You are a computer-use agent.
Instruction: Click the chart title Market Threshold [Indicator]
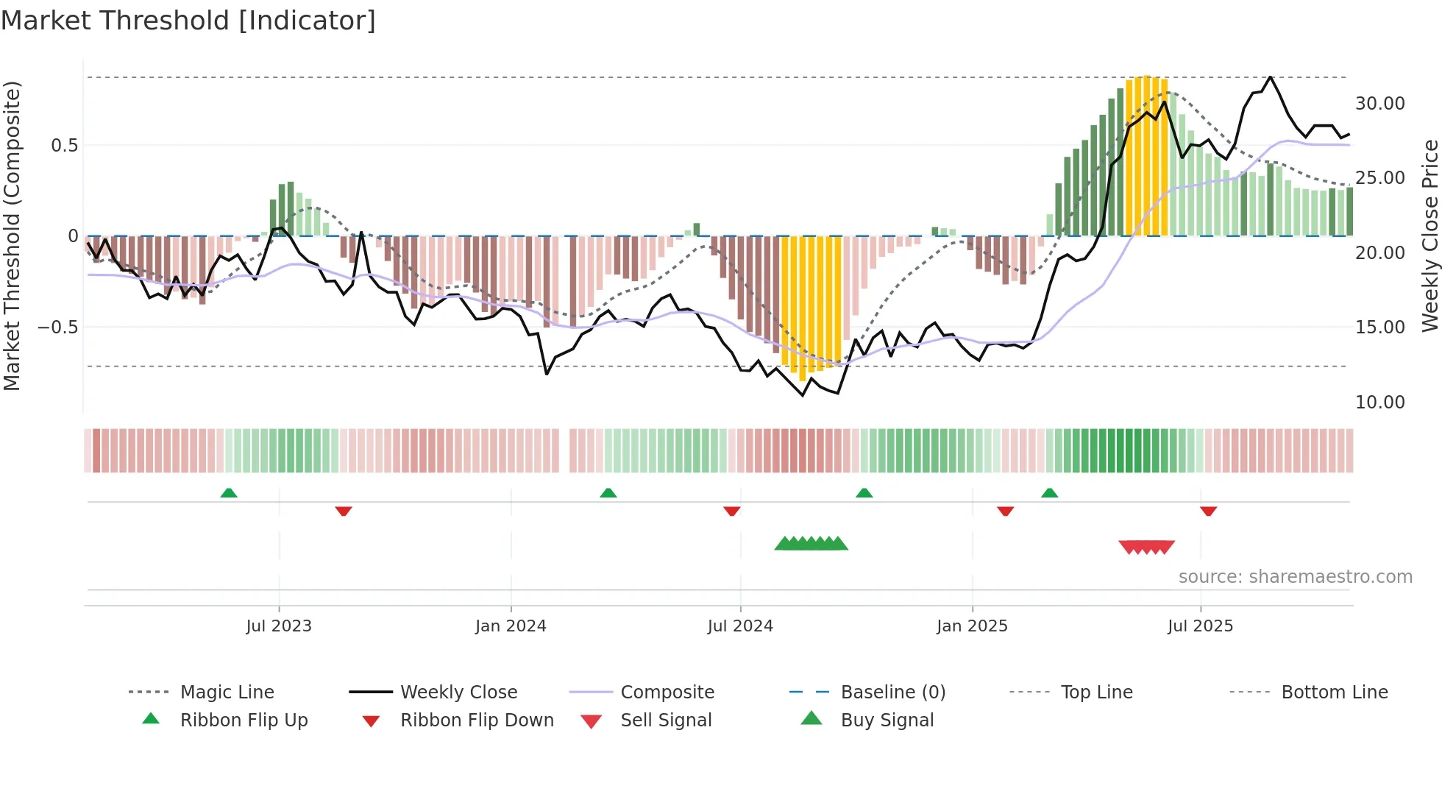click(x=188, y=21)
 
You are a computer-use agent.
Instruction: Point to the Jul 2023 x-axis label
click(x=279, y=626)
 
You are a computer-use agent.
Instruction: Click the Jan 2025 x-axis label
click(x=972, y=626)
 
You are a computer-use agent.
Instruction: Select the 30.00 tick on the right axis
click(x=1379, y=104)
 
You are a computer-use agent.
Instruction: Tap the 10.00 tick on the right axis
click(x=1379, y=402)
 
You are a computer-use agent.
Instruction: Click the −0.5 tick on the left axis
click(x=57, y=327)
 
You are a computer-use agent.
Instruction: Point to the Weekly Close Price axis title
click(x=1429, y=235)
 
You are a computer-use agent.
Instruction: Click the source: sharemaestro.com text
click(x=1295, y=576)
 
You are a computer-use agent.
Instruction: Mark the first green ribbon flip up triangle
click(x=229, y=493)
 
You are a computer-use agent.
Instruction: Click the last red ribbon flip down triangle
click(x=1208, y=511)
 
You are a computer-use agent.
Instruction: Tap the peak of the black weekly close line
click(x=1270, y=77)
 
